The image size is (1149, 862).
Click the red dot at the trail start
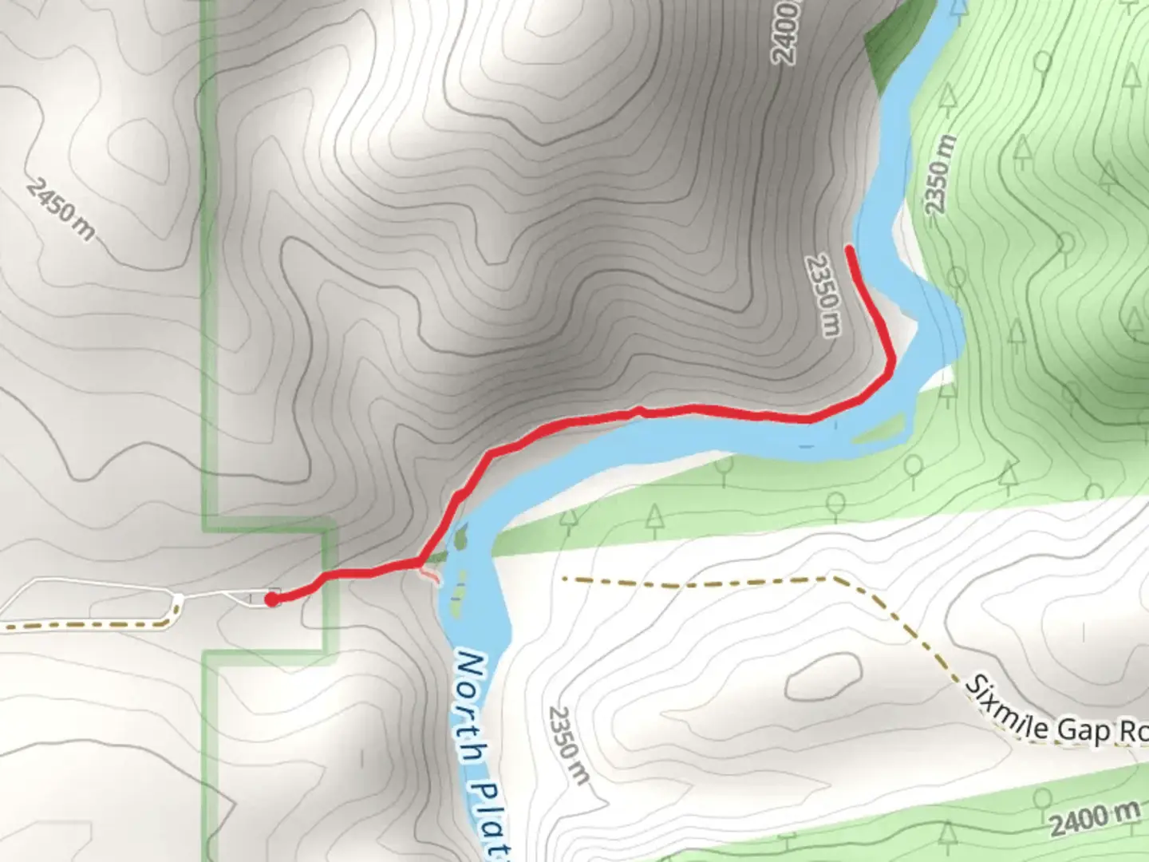tap(272, 599)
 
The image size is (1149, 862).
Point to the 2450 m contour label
tap(61, 210)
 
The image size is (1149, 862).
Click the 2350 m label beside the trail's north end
tap(824, 295)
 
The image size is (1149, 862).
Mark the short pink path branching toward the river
tap(431, 573)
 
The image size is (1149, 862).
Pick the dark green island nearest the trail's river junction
tap(460, 536)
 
